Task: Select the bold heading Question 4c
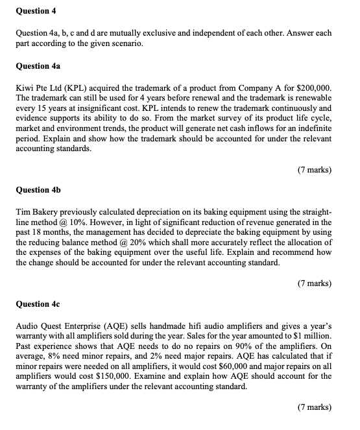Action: point(32,304)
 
